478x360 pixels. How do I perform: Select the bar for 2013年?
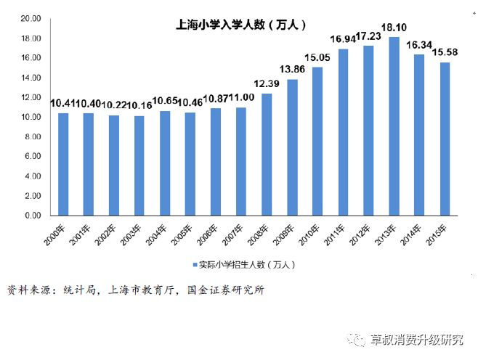pos(394,126)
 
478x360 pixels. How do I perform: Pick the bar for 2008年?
pos(267,155)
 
